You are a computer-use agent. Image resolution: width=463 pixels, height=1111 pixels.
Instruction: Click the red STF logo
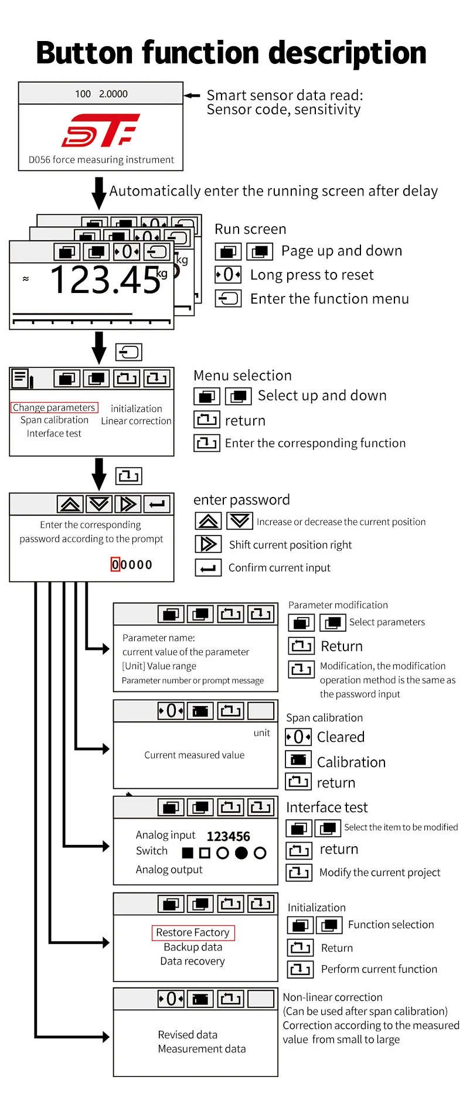(101, 130)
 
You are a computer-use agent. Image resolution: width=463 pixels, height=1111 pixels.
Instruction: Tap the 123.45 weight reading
(105, 280)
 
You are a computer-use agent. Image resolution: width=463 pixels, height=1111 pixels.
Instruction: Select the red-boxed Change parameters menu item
(54, 407)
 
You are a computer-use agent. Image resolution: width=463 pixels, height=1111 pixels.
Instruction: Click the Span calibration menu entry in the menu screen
(55, 420)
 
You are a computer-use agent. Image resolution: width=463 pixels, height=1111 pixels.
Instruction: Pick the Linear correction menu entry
(136, 421)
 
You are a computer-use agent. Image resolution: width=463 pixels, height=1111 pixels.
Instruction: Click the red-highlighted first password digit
(115, 564)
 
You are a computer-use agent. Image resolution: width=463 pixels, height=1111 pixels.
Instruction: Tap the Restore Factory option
(193, 932)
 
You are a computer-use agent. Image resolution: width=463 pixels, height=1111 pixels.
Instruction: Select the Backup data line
(193, 947)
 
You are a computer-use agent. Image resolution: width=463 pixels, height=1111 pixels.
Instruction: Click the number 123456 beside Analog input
(228, 836)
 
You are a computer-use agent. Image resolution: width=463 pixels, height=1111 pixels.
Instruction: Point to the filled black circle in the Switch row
(241, 853)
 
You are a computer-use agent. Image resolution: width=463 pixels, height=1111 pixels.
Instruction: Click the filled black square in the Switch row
(188, 853)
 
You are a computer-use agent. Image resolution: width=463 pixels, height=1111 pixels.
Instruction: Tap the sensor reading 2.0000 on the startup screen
(113, 94)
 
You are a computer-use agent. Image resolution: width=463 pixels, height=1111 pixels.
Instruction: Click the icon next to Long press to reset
(228, 274)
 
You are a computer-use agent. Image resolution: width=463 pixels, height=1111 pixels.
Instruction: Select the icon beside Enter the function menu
(228, 299)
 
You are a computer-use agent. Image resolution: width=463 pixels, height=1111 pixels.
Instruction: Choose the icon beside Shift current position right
(208, 544)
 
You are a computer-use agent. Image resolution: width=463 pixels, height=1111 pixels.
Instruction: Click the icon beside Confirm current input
(208, 568)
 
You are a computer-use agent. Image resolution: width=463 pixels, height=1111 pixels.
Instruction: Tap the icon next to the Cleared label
(298, 737)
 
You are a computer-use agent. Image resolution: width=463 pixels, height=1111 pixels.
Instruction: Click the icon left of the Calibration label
(298, 760)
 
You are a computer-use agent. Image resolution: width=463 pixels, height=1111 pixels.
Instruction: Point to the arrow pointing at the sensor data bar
(192, 96)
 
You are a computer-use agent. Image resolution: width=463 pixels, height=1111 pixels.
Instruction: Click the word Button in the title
(85, 53)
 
